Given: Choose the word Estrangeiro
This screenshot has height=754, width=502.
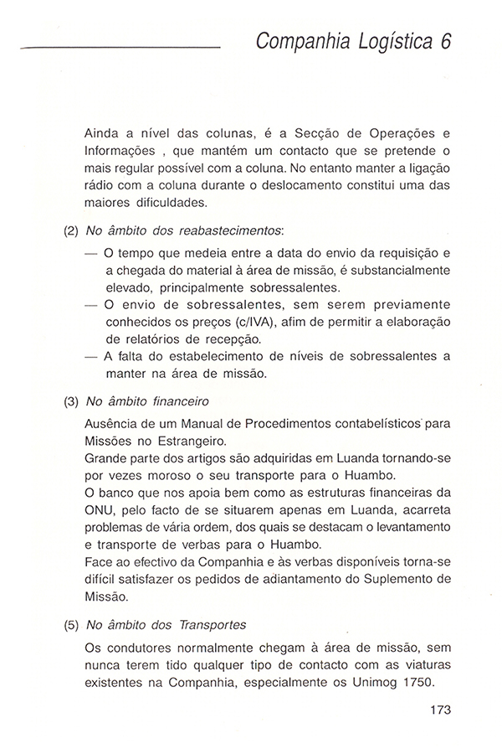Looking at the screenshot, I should pos(189,439).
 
